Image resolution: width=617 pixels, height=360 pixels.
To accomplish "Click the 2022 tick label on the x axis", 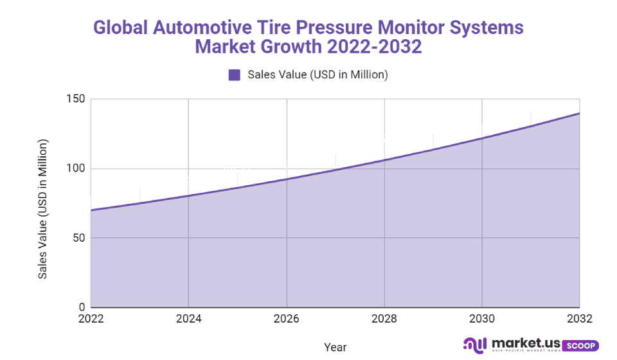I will coord(91,319).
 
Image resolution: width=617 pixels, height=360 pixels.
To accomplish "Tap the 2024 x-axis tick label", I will coord(188,319).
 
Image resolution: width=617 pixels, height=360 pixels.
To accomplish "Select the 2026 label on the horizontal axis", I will coord(287,319).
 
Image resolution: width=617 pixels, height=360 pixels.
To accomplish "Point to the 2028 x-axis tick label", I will coord(384,319).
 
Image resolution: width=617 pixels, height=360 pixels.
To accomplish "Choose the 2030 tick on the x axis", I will coord(482,319).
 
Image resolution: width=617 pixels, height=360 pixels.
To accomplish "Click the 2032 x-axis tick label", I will coord(579,319).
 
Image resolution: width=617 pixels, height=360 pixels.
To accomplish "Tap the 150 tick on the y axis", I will coord(76,100).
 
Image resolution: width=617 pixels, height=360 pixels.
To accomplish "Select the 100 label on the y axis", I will coord(76,169).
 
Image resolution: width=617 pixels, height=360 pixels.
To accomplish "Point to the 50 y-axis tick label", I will coord(79,238).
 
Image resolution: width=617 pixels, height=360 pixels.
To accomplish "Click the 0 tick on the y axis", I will coord(82,307).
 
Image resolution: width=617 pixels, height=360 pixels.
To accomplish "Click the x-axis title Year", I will coord(335,347).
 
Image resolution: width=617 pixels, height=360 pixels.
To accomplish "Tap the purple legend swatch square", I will coord(234,75).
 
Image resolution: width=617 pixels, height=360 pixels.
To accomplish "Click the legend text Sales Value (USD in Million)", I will coord(317,75).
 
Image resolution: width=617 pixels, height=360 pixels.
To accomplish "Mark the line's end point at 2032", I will coord(579,113).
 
